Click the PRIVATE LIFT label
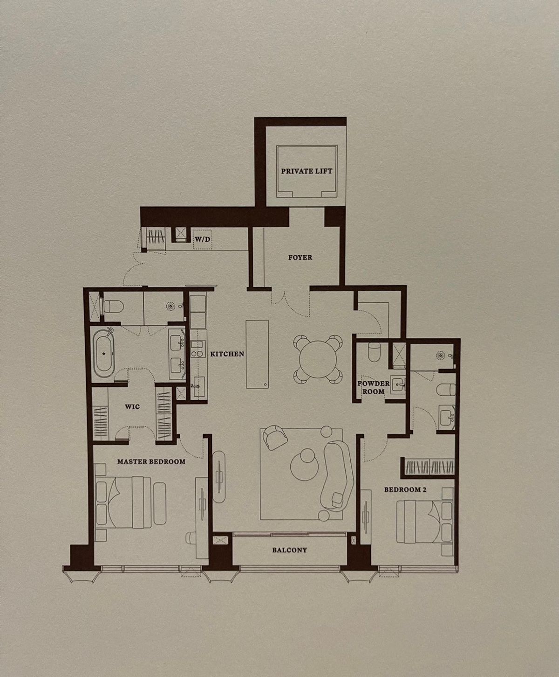pos(307,171)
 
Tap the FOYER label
pos(300,258)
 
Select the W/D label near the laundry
pos(202,240)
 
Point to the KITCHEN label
pos(227,354)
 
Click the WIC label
pos(132,406)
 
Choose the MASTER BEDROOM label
pos(151,461)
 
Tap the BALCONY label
pos(289,550)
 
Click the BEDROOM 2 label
pos(405,489)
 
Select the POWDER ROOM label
pos(374,387)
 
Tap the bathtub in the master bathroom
pos(104,354)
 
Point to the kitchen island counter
pos(257,354)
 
